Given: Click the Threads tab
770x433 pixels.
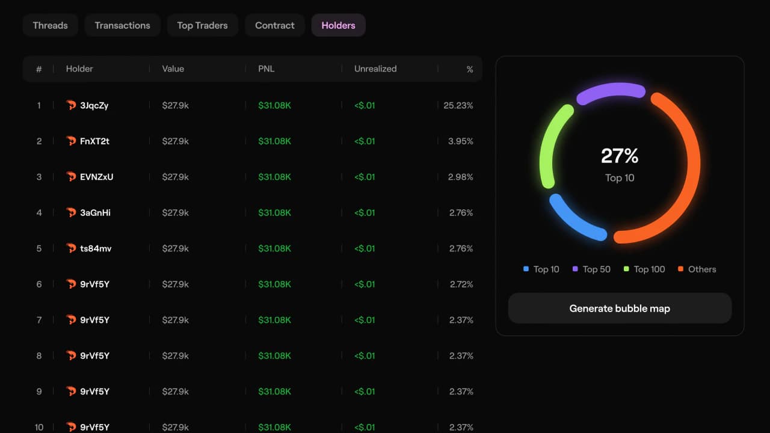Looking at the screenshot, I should (50, 25).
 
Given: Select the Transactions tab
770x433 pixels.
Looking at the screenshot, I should (122, 25).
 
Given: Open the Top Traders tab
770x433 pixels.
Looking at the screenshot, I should (202, 25).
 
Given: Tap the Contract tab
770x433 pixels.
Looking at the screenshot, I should (275, 25).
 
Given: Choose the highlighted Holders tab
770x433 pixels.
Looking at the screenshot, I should (338, 25).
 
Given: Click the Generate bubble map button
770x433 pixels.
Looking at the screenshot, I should (620, 309).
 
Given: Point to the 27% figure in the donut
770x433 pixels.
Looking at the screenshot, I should (620, 156).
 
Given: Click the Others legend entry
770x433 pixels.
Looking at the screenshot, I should (698, 269).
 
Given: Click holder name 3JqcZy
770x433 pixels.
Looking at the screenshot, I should (94, 105).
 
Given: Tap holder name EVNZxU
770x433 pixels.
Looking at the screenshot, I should (96, 177).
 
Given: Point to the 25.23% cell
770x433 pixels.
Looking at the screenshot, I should (458, 105).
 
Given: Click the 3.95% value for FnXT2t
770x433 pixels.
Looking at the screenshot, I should (461, 141).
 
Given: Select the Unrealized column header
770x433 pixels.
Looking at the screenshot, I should (375, 69).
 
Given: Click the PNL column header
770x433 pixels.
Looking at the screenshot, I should (266, 69).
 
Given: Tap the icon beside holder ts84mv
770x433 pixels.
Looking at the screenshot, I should (71, 248).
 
